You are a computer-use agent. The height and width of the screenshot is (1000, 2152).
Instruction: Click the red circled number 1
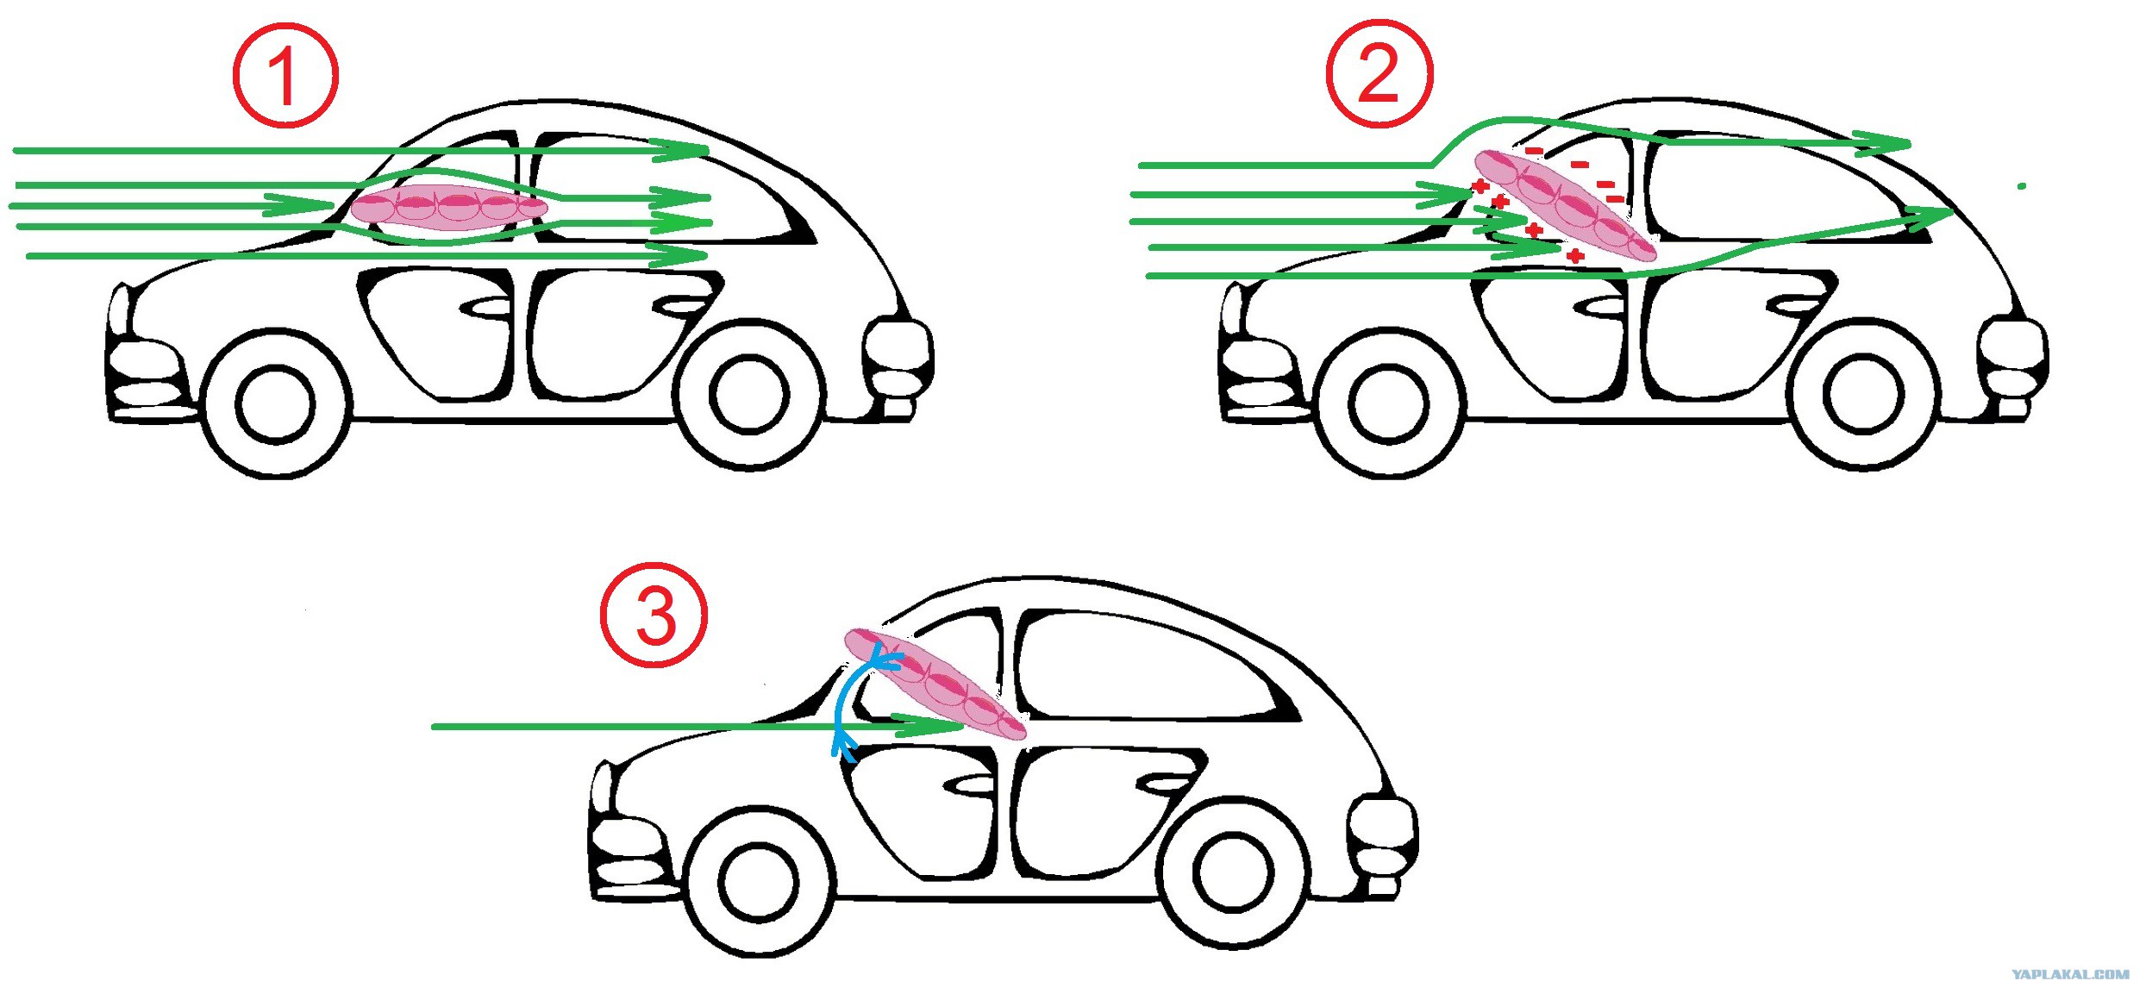pos(285,76)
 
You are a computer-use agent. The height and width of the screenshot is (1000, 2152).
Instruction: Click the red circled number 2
pos(1379,73)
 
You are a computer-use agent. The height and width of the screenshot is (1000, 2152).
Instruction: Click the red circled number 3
pos(654,616)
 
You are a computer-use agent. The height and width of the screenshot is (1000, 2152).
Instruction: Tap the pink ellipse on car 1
pos(449,207)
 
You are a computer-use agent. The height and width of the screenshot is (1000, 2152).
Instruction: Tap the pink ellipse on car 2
pos(1566,205)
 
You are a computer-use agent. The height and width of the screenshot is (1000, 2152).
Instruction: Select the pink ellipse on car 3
pos(935,684)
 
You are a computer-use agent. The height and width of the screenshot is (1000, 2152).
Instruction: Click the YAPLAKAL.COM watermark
pos(2070,974)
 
